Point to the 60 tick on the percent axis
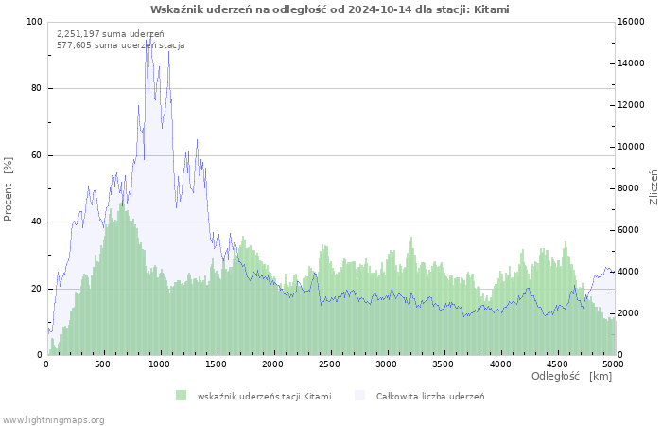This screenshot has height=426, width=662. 37,155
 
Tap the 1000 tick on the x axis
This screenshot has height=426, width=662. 160,364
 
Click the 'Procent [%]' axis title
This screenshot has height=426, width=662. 9,188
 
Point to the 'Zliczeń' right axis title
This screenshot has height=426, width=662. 653,188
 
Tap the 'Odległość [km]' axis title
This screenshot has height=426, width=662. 571,376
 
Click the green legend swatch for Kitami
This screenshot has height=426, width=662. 181,396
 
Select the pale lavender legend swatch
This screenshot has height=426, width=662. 359,396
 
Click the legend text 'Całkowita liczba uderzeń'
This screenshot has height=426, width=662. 430,396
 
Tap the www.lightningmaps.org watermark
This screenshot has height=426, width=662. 54,419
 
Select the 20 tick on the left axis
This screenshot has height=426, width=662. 37,289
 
